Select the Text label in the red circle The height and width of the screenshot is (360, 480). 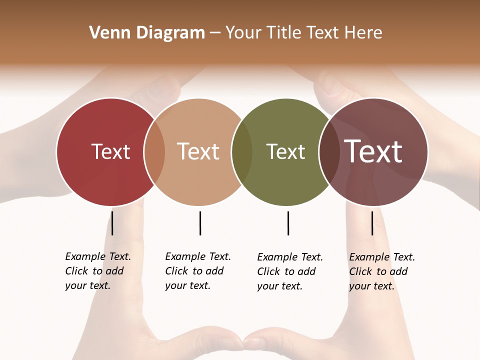[110, 151]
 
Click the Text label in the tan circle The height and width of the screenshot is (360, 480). [198, 151]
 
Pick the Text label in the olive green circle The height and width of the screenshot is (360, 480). [285, 151]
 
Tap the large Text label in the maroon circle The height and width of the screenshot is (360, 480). [373, 151]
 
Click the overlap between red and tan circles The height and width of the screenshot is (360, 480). [154, 151]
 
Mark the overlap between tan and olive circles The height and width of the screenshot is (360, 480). [242, 151]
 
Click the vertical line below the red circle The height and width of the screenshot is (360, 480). [112, 223]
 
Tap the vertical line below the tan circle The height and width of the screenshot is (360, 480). [200, 223]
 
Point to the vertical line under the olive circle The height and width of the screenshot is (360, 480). [288, 223]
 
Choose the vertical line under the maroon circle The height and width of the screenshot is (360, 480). [372, 223]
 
